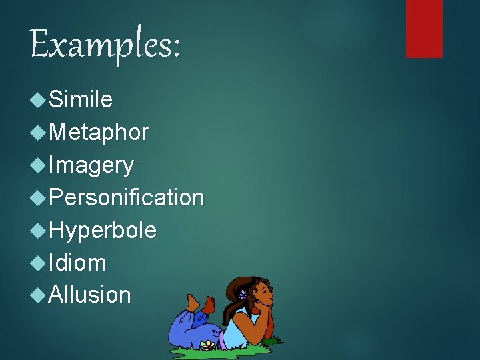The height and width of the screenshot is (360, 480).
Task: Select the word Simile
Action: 81,100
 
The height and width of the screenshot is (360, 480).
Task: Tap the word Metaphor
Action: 99,133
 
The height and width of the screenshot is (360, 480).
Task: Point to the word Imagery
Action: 91,165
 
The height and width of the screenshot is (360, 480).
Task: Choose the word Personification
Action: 126,197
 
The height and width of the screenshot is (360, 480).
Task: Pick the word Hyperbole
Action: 103,230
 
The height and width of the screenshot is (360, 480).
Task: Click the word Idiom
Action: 77,263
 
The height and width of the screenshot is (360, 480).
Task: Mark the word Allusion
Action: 90,295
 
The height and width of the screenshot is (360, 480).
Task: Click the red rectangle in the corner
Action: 424,28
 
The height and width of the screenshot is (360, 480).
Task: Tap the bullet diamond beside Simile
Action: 39,100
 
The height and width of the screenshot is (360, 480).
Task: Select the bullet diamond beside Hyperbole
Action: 39,230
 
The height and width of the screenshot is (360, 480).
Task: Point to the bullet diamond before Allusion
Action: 39,295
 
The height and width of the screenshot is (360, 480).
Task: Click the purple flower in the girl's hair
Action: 243,294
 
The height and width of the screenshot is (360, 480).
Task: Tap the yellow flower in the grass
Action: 208,345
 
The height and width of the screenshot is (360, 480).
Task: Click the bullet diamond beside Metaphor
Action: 39,133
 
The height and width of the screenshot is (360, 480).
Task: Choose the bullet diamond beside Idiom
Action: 39,263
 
